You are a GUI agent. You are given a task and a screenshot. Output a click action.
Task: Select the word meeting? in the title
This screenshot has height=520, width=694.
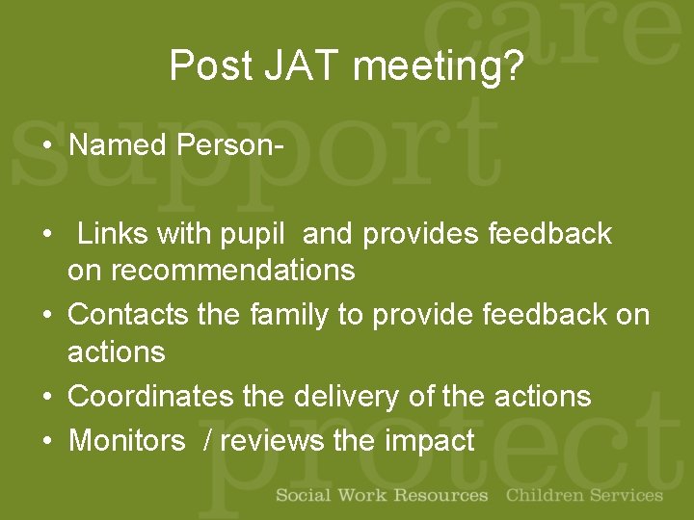point(440,66)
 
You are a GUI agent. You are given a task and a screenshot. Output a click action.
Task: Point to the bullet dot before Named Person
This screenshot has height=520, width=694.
point(46,146)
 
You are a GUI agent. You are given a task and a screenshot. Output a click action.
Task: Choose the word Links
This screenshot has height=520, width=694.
point(113,234)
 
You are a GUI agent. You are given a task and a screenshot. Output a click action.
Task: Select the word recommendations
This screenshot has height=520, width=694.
point(232,271)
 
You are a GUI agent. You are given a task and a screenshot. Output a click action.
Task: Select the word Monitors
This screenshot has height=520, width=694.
point(126,441)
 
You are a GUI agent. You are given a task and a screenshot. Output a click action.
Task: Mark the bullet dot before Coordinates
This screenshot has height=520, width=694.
point(46,397)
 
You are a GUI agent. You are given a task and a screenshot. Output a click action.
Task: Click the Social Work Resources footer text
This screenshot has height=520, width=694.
point(382,496)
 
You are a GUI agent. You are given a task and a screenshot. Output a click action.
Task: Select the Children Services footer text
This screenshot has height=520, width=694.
point(584,496)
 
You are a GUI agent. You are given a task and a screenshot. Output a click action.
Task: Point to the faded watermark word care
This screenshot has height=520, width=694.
point(569,39)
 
